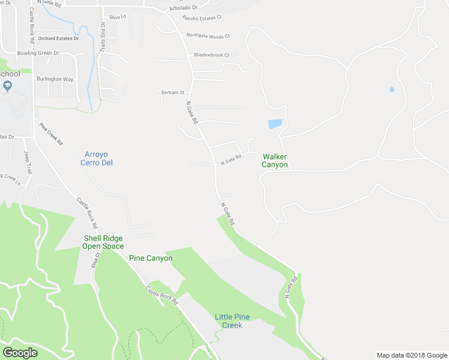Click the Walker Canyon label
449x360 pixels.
tap(274, 160)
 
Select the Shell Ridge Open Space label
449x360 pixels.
tap(103, 242)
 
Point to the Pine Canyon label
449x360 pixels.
tap(151, 258)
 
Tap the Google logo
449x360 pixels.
tap(20, 353)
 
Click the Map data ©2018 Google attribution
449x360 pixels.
tap(411, 355)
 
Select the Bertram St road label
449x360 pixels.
tap(173, 92)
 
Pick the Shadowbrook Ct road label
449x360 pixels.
tap(211, 55)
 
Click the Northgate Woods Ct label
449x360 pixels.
tap(208, 37)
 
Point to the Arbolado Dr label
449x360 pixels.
tap(184, 8)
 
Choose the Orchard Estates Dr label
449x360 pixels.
tap(58, 38)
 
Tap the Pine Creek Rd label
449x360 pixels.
tap(51, 134)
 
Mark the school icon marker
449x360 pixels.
tap(7, 86)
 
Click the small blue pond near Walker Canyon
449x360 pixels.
tap(274, 124)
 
